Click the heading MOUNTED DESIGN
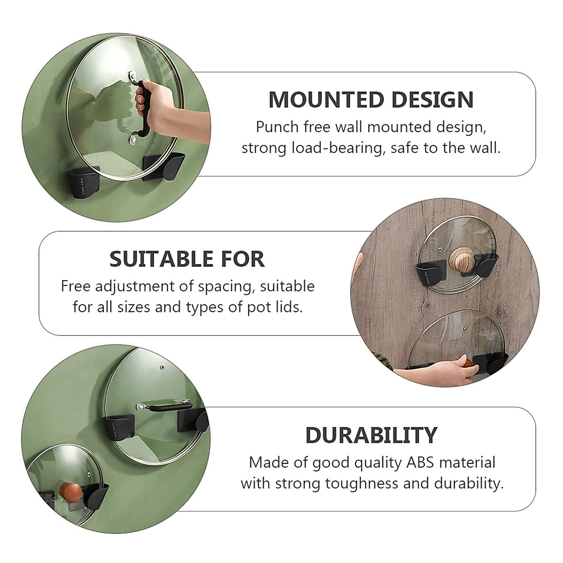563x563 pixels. point(371,100)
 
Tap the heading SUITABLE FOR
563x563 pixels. point(187,259)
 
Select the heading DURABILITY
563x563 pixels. point(371,435)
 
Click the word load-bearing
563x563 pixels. point(337,148)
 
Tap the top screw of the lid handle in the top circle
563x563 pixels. point(133,75)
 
